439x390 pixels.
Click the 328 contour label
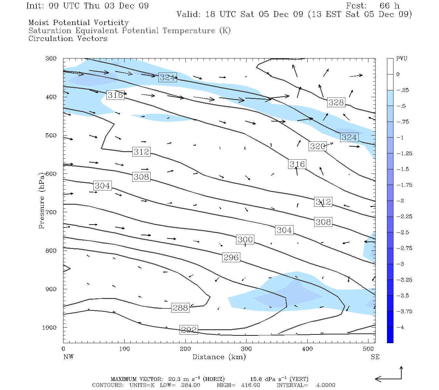point(336,102)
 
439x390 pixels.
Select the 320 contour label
point(317,146)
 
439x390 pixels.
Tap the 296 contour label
point(231,257)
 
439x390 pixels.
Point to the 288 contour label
point(180,307)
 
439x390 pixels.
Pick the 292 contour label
point(189,330)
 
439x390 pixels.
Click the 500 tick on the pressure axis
point(51,136)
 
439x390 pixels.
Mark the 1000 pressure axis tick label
point(49,328)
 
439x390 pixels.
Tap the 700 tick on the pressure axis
point(51,212)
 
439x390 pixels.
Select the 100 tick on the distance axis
point(124,349)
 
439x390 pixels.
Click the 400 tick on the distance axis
point(307,349)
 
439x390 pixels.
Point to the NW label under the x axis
point(68,357)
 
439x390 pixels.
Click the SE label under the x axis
point(375,357)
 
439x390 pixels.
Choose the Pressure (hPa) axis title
point(42,201)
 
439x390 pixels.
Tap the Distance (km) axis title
point(219,357)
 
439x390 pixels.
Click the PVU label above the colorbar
point(402,58)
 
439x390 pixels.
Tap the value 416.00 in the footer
point(250,385)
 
